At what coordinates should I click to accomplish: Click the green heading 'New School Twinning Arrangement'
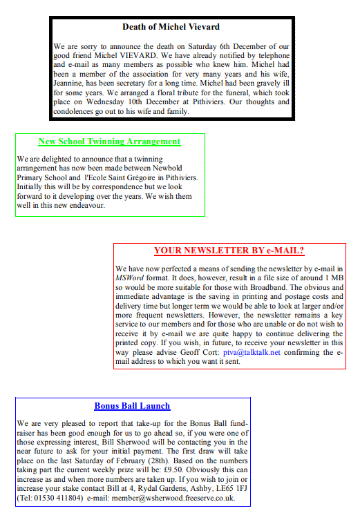(109, 142)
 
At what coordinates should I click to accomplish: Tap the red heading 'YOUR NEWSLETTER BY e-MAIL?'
(229, 251)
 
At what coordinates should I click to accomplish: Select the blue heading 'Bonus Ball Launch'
(132, 406)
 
